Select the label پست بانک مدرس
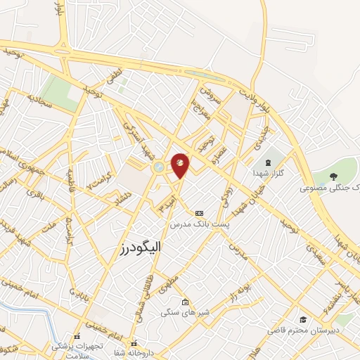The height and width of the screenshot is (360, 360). click(x=199, y=224)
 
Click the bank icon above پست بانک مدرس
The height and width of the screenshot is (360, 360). click(x=200, y=212)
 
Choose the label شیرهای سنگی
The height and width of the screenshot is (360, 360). click(x=181, y=314)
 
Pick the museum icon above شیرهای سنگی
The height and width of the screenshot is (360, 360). click(x=184, y=303)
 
